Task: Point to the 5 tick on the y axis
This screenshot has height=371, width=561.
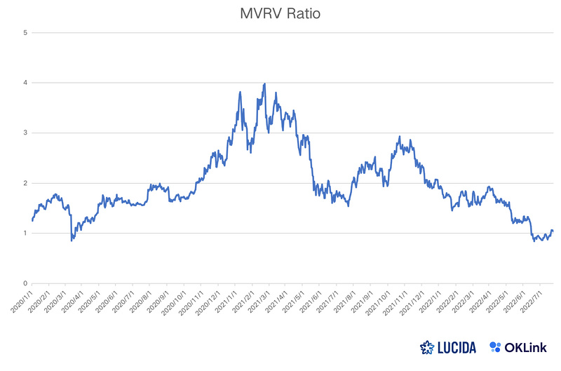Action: (26, 32)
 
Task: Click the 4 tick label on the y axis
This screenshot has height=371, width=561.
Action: (26, 83)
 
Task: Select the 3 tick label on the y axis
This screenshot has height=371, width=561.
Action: (26, 133)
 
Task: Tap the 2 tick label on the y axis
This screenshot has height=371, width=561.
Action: (26, 183)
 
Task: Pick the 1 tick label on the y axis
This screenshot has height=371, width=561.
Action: (26, 234)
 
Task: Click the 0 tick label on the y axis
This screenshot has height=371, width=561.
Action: (26, 283)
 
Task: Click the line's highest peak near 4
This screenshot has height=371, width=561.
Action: (264, 83)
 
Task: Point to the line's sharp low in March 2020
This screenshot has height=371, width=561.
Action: (72, 241)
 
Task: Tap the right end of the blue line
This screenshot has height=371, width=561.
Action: (553, 231)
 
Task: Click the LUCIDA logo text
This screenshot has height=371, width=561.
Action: (452, 346)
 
